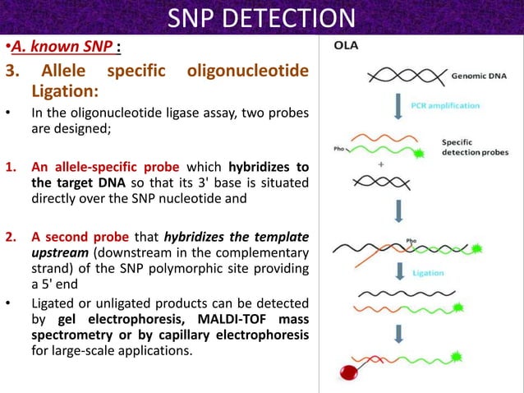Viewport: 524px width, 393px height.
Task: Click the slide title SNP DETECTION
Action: [262, 17]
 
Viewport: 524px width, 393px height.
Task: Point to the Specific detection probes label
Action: [474, 146]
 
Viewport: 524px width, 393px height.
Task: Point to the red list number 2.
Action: [11, 238]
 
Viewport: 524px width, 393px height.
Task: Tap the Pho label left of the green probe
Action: [339, 150]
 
